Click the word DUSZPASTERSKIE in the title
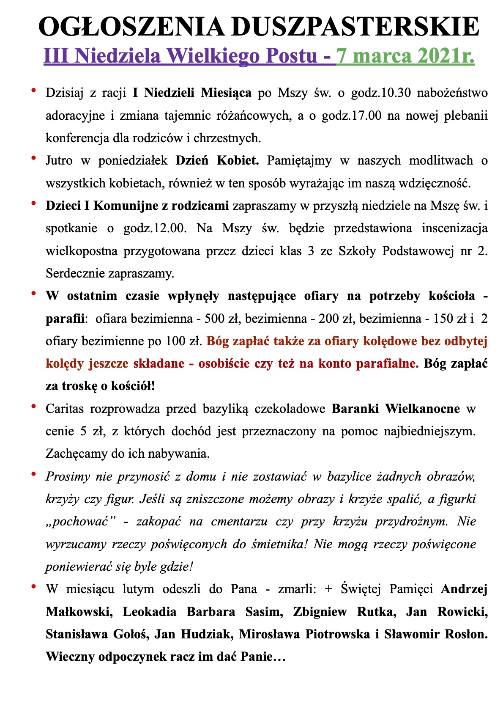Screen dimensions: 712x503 tap(355, 28)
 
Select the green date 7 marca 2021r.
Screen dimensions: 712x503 tap(405, 56)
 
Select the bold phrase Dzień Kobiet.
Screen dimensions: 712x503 tap(217, 161)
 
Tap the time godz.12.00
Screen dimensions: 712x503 tap(155, 228)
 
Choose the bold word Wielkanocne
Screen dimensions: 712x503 tap(423, 409)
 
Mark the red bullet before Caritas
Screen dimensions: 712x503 tap(33, 406)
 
